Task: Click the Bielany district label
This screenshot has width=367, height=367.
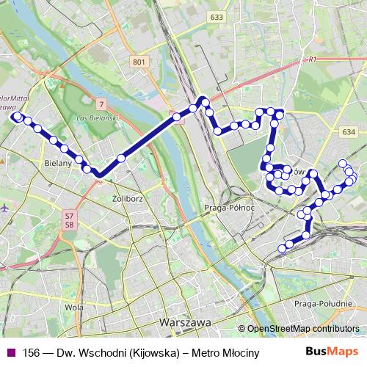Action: [x=57, y=164]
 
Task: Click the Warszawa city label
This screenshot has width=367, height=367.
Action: [x=184, y=322]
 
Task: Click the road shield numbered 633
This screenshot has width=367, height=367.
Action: [x=216, y=16]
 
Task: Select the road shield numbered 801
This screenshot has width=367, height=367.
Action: [x=139, y=63]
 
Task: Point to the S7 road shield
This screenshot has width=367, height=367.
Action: [x=69, y=215]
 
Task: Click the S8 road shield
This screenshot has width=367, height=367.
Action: [x=69, y=224]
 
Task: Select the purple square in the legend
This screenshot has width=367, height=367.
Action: [x=11, y=352]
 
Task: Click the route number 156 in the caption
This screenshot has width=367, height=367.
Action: [x=31, y=352]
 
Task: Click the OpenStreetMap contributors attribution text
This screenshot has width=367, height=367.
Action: [x=303, y=328]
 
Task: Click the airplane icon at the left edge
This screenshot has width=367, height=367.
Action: [x=6, y=208]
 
